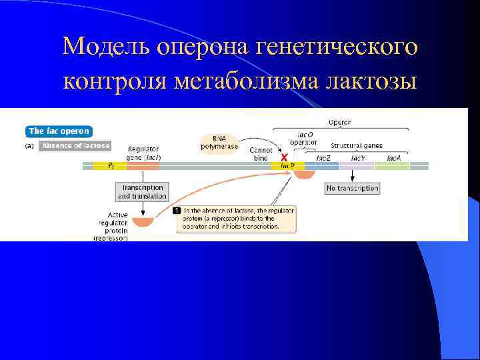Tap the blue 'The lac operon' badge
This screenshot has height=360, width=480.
coord(58,131)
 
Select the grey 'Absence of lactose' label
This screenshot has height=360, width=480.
coord(75,146)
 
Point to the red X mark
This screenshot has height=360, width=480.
coord(285,158)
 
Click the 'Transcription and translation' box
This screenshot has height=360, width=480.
coord(141,192)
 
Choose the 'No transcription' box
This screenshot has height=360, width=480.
coord(352,189)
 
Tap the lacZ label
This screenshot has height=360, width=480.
coord(324,158)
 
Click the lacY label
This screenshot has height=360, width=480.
coord(357,158)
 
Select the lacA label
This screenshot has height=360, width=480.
coord(394,158)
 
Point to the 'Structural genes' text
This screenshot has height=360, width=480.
coord(357,145)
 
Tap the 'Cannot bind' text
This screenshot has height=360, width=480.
coord(261,154)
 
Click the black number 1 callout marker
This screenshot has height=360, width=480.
coord(177,211)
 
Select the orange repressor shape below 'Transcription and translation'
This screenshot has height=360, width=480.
coord(143,221)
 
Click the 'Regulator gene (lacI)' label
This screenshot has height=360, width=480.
coord(143,153)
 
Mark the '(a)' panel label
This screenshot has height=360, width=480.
coord(31,146)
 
